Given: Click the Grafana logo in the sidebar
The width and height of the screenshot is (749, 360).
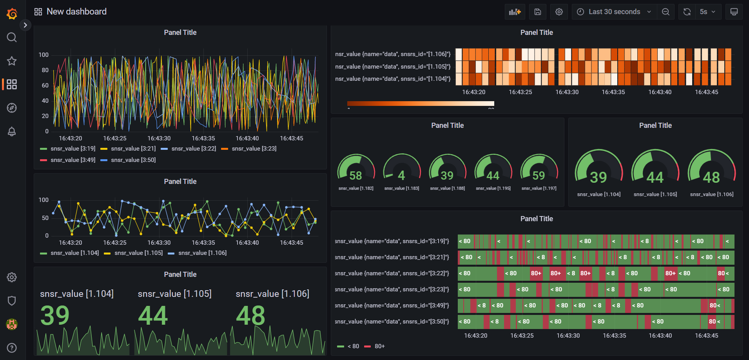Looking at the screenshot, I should click(12, 14).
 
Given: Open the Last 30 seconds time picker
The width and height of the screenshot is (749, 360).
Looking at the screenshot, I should click(614, 12).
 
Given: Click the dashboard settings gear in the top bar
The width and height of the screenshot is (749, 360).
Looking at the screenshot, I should click(559, 12).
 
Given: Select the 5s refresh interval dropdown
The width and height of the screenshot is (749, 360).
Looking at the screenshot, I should click(707, 12).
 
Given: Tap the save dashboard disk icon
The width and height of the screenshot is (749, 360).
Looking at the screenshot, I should click(538, 12).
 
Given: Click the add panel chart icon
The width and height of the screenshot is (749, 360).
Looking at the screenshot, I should click(515, 12).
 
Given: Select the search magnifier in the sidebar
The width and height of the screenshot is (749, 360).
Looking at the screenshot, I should click(12, 37).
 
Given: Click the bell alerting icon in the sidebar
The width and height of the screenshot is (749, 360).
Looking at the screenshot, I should click(12, 131).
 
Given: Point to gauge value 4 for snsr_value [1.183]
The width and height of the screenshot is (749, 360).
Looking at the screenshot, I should click(401, 175).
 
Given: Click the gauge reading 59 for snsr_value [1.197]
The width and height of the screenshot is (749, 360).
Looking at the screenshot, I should click(539, 175).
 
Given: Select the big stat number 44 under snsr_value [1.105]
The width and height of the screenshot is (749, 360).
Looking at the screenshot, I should click(153, 316).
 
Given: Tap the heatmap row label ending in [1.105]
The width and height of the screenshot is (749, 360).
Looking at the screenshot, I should click(393, 67).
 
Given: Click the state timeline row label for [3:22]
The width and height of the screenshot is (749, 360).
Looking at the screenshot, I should click(392, 273).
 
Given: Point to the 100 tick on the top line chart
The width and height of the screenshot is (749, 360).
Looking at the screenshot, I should click(44, 55).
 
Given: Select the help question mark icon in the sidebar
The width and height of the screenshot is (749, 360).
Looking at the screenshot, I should click(12, 348).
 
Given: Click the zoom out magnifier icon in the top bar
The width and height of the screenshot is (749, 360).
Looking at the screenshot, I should click(666, 12).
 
